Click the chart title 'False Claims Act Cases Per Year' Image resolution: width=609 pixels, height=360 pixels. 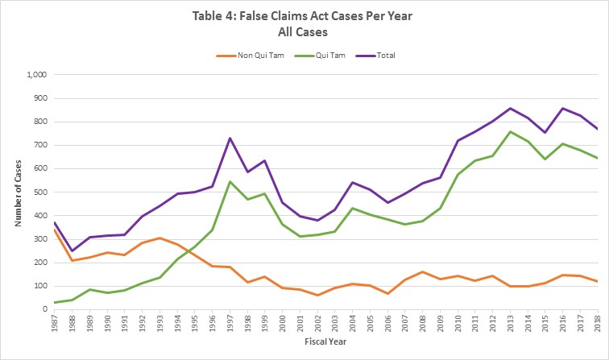[304, 17]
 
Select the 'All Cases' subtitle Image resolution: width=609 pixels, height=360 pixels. [304, 33]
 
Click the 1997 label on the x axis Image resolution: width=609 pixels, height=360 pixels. [230, 327]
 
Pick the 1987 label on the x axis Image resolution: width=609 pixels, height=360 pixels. [54, 327]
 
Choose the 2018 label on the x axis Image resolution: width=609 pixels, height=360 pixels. [598, 327]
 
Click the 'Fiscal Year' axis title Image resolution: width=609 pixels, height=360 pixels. [325, 348]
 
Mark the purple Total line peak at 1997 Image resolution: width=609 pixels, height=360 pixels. [230, 138]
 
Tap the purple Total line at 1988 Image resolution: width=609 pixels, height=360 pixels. [72, 250]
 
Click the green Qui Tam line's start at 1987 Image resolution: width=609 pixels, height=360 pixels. [54, 302]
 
